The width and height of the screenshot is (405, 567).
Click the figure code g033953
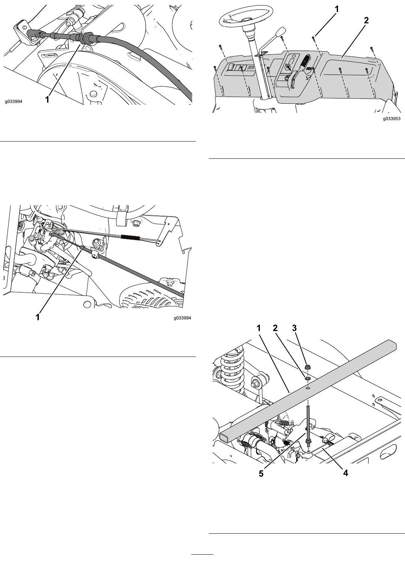[391, 119]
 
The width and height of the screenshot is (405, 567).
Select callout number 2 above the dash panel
[366, 21]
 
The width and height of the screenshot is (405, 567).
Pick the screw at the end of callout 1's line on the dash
[313, 38]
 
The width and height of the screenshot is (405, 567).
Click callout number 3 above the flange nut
[294, 328]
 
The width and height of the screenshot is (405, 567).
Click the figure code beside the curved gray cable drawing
[13, 101]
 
